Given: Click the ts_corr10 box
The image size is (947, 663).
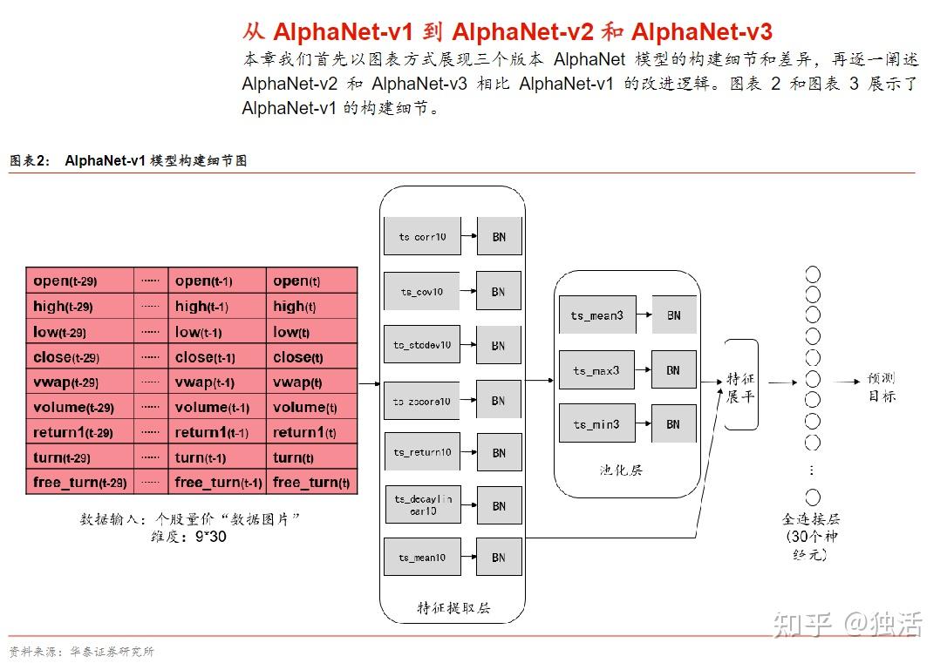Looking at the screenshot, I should point(422,237).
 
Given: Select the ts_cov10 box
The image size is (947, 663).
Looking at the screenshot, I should point(422,292).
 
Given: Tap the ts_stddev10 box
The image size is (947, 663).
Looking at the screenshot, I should point(422,345).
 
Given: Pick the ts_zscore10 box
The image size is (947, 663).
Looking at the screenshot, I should point(422,401).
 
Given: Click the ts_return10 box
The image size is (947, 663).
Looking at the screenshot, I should point(422,452).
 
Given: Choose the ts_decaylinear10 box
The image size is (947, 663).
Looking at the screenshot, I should point(422,505).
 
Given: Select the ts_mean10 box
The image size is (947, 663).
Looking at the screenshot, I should point(422,558).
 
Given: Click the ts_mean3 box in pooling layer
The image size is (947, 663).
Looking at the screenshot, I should point(597,315).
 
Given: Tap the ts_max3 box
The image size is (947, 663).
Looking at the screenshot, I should point(597,370).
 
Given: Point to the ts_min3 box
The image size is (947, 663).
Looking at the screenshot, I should point(597,424).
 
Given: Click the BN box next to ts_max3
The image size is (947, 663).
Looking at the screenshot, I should point(673,370).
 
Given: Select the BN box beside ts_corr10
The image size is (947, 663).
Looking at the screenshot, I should point(499,237).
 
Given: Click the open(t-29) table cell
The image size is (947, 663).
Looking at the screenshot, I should point(79,281).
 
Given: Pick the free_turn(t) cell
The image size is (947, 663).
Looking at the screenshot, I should point(311,483).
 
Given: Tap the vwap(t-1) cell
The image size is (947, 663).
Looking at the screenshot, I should point(216,382).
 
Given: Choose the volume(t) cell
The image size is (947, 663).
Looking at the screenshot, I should point(311,408).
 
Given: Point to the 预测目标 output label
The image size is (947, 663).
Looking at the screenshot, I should point(881,388).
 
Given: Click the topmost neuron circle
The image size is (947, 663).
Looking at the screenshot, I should point(813,274).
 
